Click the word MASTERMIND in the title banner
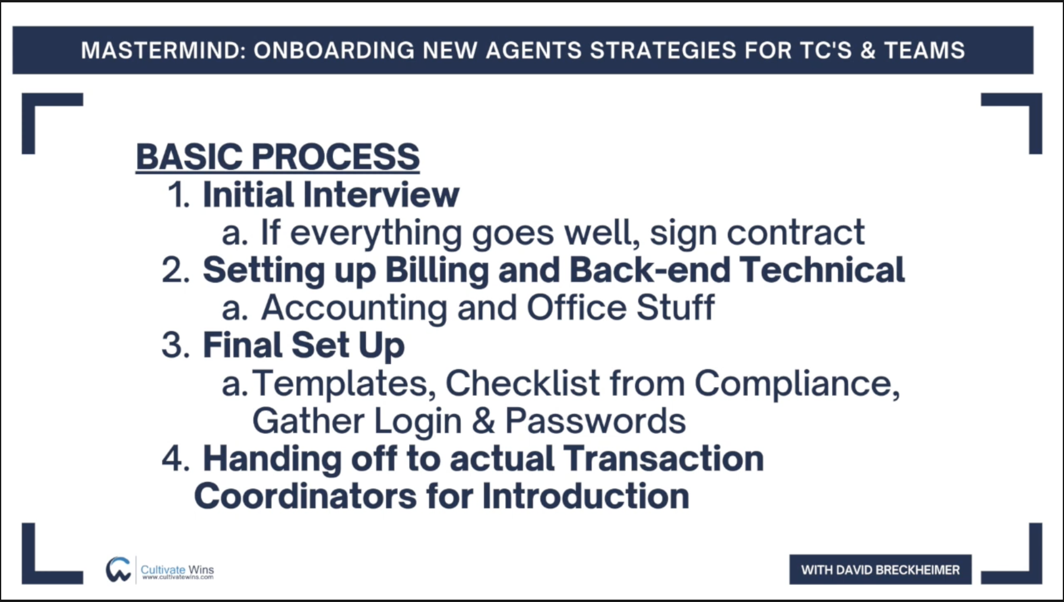coord(163,50)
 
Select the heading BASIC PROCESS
coord(278,157)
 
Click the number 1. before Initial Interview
coord(179,195)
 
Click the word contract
coord(796,232)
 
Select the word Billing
coord(437,270)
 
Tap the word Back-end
coord(650,270)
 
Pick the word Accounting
coord(354,308)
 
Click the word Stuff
coord(675,308)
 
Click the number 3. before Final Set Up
coord(176,346)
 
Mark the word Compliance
coord(797,384)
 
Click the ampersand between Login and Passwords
coord(483,421)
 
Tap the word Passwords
coord(596,421)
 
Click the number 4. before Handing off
coord(176,459)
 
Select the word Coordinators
coord(305,496)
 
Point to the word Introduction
coord(585,496)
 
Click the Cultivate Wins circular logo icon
coord(119,569)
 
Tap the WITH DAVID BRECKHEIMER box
coord(881,570)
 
